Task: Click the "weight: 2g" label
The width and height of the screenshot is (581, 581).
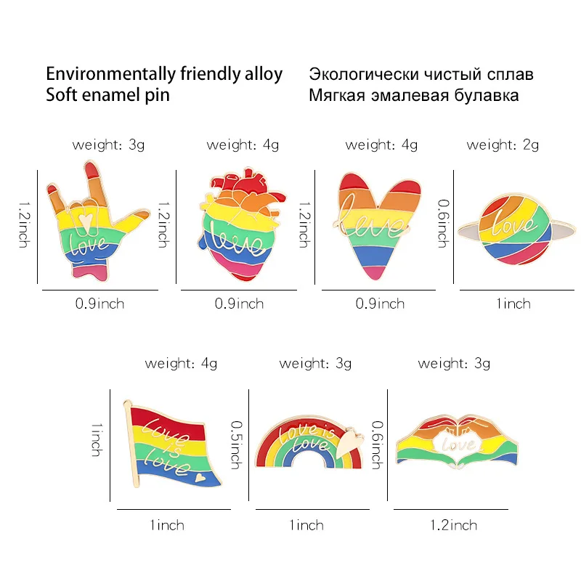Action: coord(503,145)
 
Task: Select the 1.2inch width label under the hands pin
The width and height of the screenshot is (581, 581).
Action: coord(454,525)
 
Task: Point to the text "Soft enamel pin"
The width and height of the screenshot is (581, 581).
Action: coord(107,95)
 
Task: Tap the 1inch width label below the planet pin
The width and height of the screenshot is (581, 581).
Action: coord(513,303)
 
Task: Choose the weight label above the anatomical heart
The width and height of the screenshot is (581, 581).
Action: coord(243,145)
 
